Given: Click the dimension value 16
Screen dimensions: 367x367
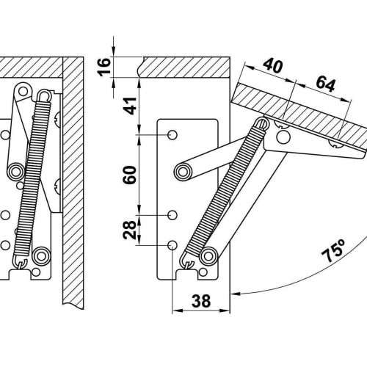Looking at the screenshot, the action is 104,67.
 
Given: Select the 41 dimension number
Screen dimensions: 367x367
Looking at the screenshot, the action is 130,106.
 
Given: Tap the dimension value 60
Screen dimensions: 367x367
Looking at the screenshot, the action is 130,175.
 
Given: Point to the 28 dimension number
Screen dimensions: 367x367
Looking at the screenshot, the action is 130,230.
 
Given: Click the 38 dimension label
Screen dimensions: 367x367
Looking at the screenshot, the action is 201,301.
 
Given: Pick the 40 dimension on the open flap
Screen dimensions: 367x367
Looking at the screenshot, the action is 273,65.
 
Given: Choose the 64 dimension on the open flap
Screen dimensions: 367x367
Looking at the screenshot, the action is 325,84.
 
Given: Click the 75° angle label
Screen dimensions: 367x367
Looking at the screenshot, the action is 333,250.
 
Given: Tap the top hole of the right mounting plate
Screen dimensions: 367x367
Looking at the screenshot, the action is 172,135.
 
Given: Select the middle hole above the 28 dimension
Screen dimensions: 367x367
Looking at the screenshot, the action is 172,215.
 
